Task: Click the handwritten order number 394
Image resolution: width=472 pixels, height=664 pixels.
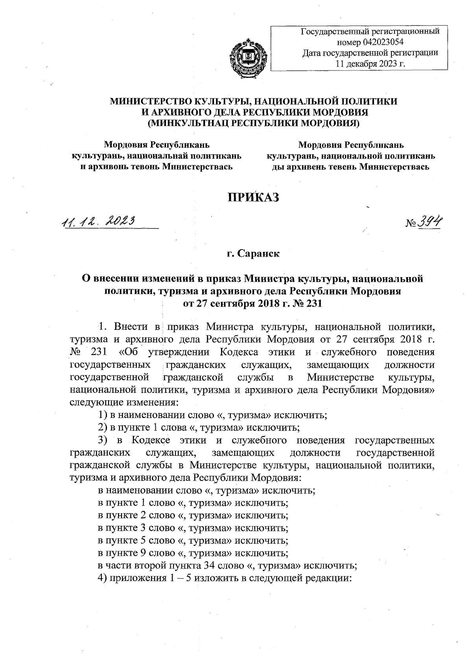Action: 430,223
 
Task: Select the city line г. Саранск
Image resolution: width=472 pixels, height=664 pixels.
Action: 253,254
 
